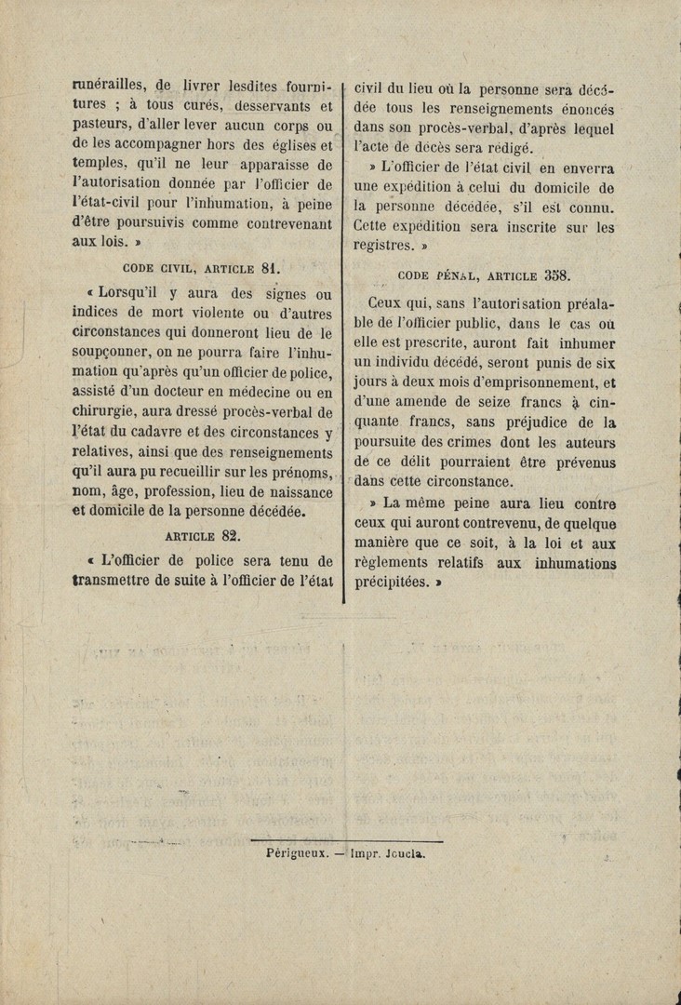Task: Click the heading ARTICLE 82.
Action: point(203,536)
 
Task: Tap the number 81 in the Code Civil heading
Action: point(270,269)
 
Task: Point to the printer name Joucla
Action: point(401,851)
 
